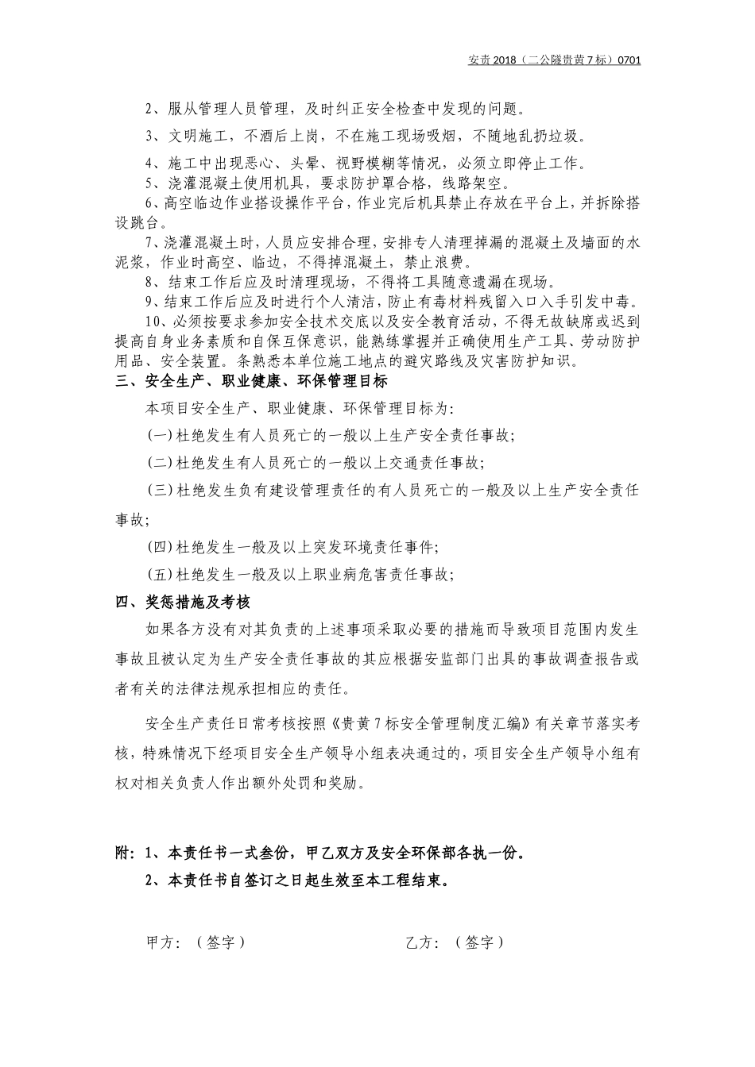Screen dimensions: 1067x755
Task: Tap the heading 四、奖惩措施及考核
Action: (184, 603)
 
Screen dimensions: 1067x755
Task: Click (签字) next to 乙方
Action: (480, 942)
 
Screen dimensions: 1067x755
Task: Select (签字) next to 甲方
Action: (220, 942)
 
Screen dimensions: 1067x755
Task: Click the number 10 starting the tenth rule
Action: (153, 322)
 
